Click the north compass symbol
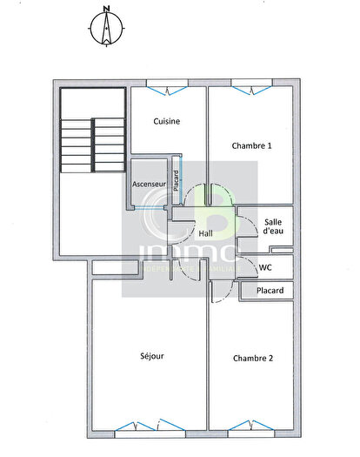[105, 30]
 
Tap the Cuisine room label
[166, 122]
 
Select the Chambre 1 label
[252, 145]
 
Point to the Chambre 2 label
[253, 358]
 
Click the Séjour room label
[152, 355]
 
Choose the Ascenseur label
[149, 185]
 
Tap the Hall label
[206, 233]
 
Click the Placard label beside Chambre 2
[270, 291]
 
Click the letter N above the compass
[105, 10]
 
